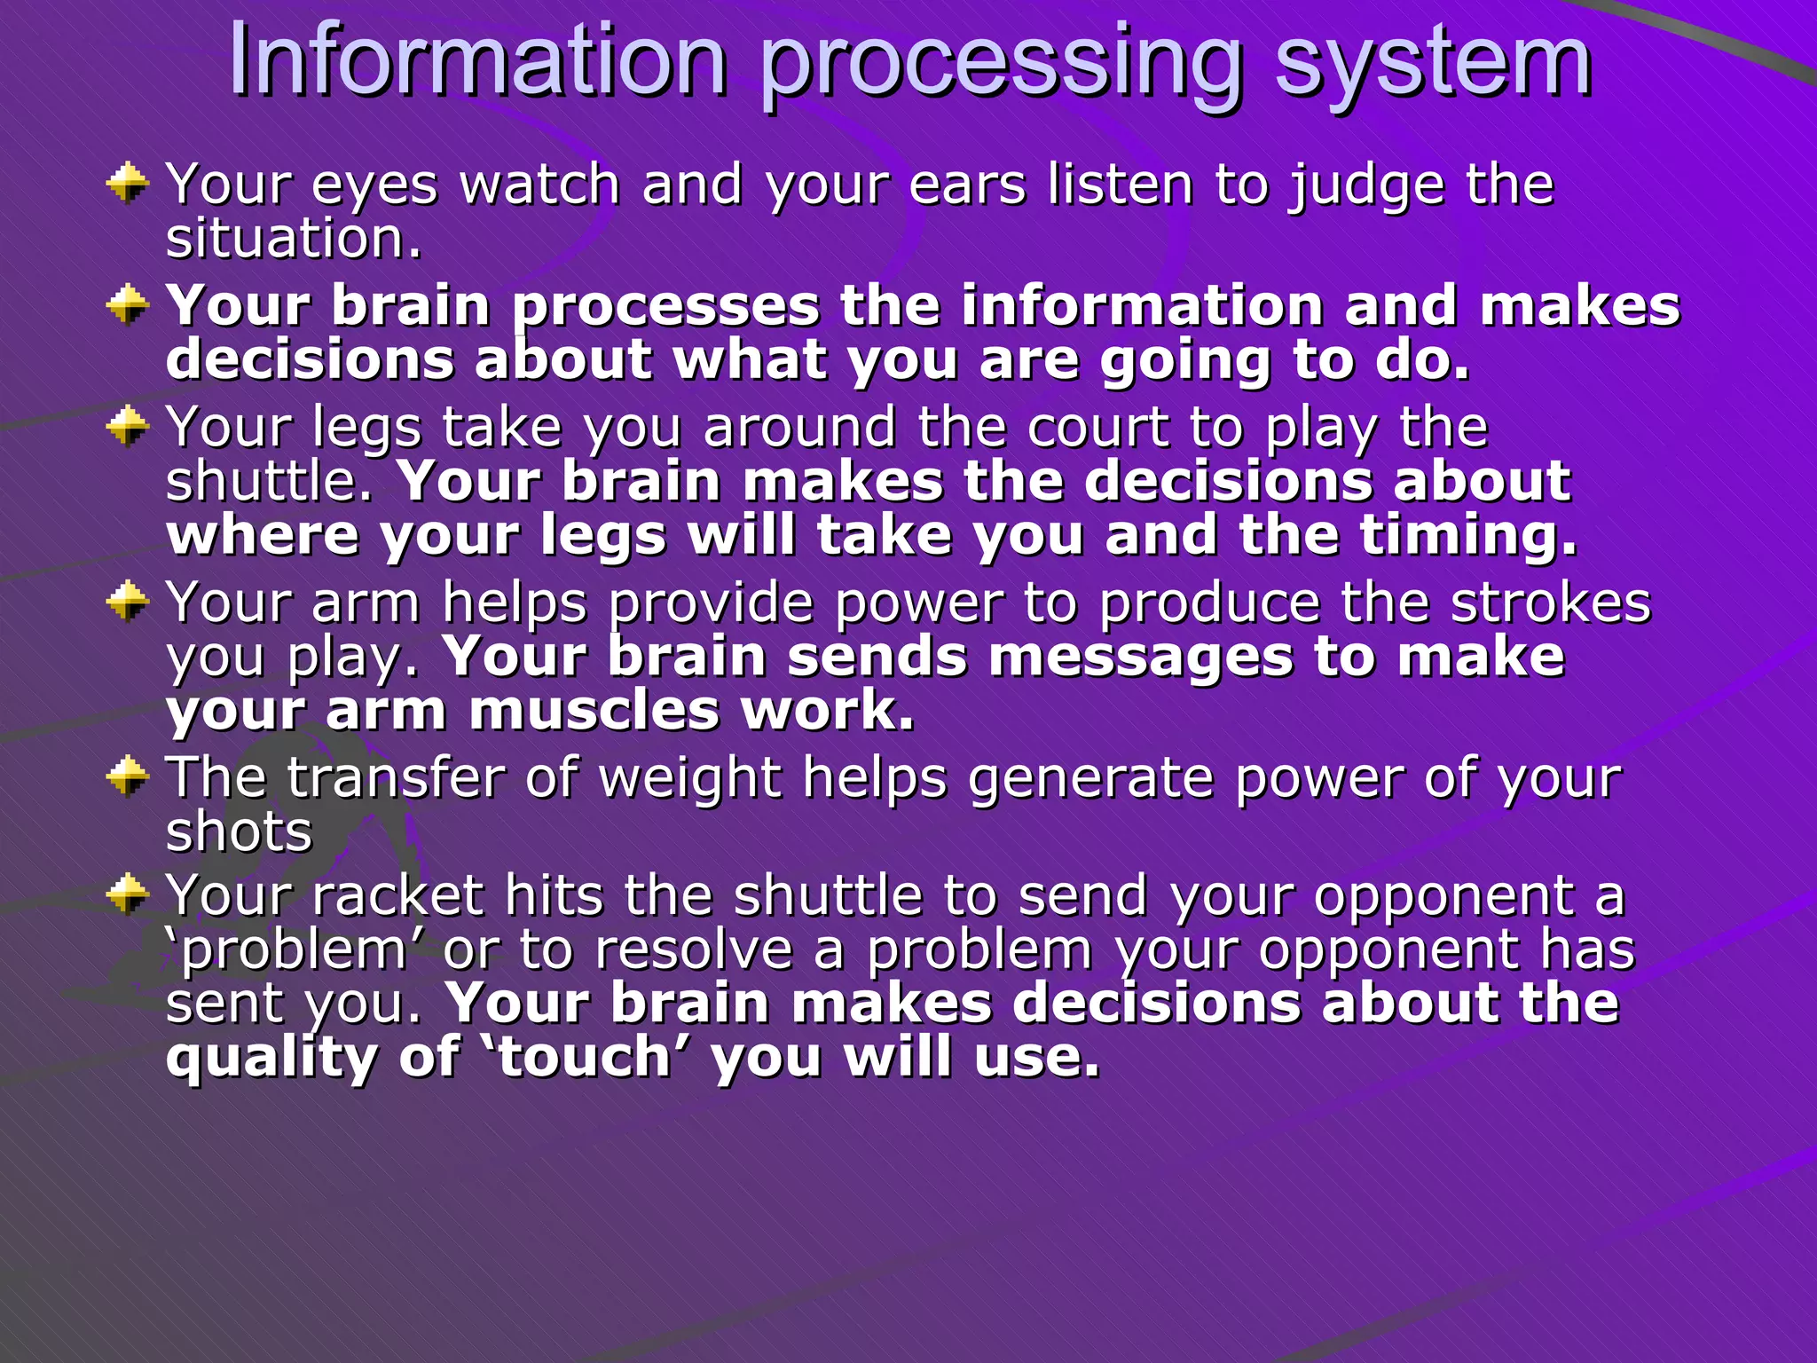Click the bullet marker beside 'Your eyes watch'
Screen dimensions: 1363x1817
[x=127, y=183]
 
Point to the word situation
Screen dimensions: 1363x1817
[x=293, y=240]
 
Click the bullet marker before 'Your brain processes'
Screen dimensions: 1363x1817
[x=127, y=306]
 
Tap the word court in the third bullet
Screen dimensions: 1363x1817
[x=1097, y=428]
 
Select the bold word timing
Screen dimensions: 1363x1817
[x=1468, y=536]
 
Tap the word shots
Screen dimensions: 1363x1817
[x=239, y=832]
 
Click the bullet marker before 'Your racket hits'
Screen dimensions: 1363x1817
[x=127, y=894]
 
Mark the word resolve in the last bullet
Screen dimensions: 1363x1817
[x=693, y=949]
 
